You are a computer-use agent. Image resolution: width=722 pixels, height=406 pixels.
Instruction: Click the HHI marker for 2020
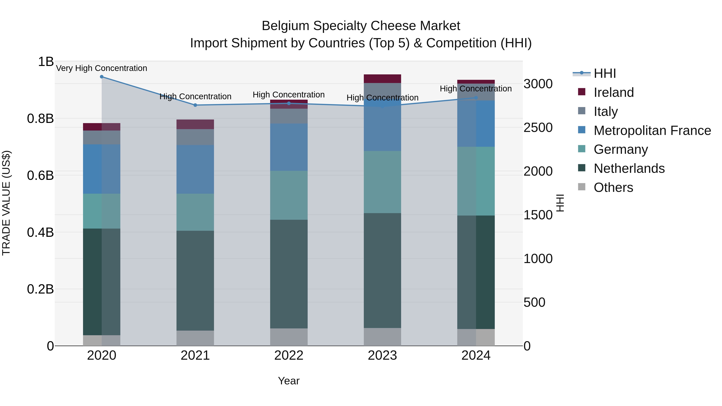102,77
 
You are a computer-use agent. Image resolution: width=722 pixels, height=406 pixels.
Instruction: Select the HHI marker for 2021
195,105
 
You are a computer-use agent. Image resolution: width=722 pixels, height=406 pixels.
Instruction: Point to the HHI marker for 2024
476,97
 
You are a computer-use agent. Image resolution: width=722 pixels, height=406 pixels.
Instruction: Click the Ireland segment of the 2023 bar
382,79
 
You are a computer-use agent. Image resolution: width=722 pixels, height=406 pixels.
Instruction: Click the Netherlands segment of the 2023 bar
382,270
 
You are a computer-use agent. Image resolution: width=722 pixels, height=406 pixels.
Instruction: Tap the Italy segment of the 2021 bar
195,137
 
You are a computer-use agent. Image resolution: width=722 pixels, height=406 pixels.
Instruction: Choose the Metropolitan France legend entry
652,131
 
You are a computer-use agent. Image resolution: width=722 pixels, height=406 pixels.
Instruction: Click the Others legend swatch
582,187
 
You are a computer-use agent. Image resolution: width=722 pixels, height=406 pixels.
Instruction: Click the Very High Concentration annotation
101,68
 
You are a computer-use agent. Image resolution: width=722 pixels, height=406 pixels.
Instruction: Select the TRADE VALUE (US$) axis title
6,203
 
